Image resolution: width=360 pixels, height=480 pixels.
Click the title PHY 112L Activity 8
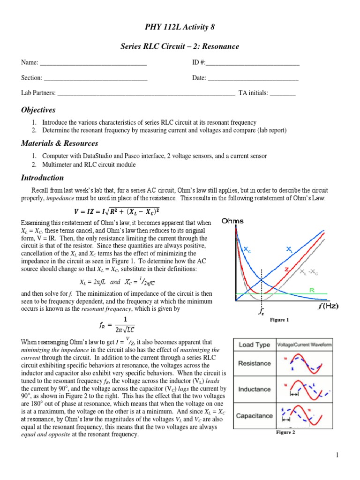tap(180, 27)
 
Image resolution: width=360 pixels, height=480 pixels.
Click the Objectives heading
tap(38, 110)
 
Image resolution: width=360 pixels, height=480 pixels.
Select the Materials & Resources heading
tap(60, 143)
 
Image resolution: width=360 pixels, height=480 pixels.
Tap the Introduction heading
tap(42, 178)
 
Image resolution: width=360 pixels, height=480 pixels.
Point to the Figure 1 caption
tap(279, 320)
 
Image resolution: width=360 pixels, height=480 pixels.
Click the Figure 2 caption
tap(285, 432)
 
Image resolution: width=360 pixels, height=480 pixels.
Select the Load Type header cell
tap(254, 345)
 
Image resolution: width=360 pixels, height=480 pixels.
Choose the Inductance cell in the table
tap(254, 389)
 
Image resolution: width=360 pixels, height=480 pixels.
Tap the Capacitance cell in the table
tap(254, 416)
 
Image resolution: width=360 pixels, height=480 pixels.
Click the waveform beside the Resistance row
tap(305, 363)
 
